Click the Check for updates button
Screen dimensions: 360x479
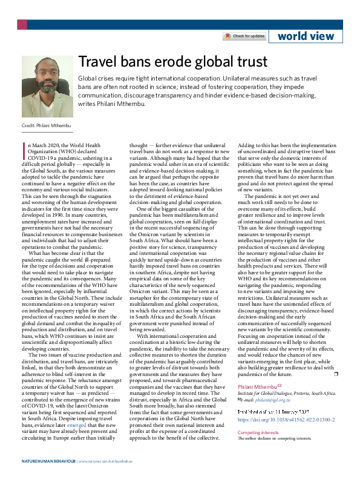coord(244,36)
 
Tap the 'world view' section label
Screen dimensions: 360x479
coord(306,36)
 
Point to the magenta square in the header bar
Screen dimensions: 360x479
coord(22,24)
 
